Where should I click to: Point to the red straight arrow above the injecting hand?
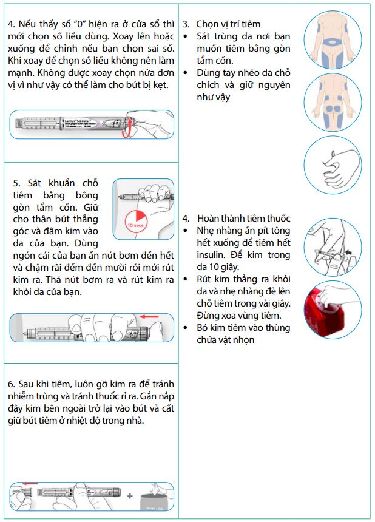(x=149, y=316)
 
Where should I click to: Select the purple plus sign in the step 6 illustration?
(x=129, y=495)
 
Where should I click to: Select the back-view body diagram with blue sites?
(x=333, y=102)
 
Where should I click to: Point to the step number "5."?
(x=17, y=183)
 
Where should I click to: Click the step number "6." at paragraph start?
(x=12, y=385)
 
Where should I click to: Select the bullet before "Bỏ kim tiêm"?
(x=186, y=328)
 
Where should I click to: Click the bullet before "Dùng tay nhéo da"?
(x=186, y=73)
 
